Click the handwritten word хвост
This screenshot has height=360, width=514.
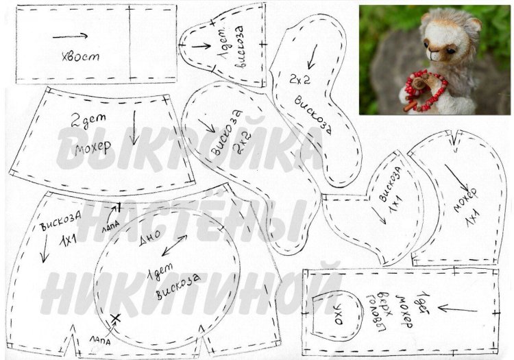[80, 56]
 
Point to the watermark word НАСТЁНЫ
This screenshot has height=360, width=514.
[199, 219]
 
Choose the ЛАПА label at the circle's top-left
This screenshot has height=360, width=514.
[110, 223]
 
